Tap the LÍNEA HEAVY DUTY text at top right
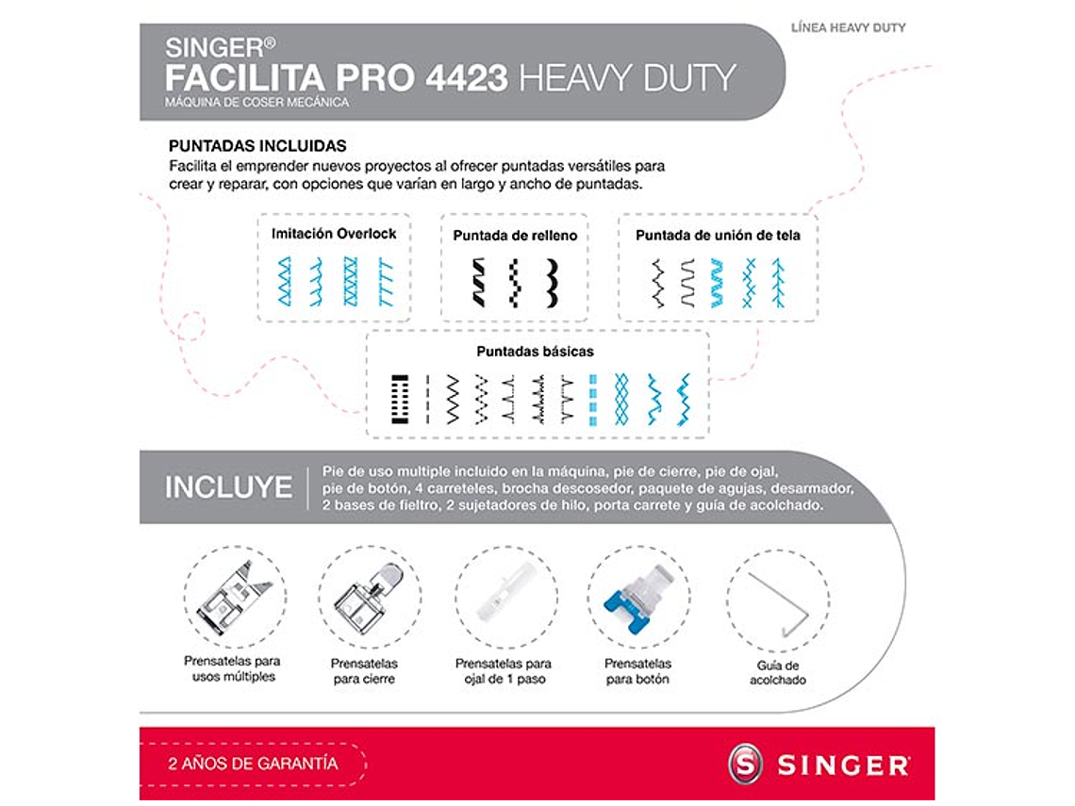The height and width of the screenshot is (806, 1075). (848, 28)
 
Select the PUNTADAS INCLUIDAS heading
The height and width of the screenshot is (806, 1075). (256, 146)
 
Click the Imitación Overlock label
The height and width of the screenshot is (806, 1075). (334, 234)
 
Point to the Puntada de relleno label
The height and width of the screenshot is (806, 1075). (515, 236)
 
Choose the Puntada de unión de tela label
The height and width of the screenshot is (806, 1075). (718, 236)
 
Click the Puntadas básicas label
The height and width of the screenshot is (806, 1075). (535, 352)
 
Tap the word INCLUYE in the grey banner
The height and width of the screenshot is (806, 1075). (228, 487)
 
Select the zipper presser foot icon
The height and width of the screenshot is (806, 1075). (370, 597)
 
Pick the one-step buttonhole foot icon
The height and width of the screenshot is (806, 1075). (505, 598)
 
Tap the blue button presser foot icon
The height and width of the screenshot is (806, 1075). (638, 598)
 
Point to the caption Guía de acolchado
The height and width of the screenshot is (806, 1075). (778, 672)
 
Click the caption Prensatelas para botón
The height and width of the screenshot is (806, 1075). (637, 671)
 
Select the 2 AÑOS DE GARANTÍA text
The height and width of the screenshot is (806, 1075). (253, 764)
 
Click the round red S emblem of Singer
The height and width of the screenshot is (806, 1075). (745, 764)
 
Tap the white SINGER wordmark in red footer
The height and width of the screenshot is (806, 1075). (843, 765)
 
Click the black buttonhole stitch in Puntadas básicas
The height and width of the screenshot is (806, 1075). (398, 399)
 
